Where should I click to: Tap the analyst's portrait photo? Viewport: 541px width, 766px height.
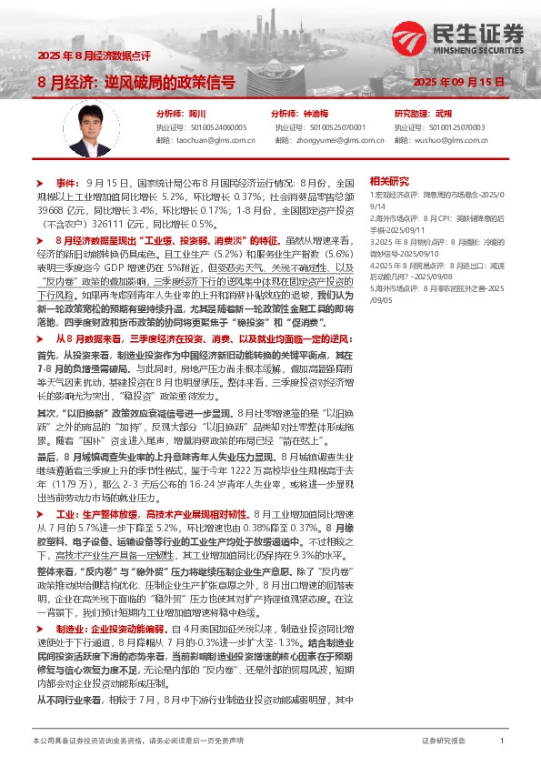(x=91, y=126)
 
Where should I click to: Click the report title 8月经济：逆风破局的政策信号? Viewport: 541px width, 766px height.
(x=136, y=81)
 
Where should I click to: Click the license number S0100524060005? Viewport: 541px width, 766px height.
(x=214, y=127)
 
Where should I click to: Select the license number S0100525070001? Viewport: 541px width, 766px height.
(x=333, y=127)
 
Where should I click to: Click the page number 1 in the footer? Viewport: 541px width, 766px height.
(x=502, y=741)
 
